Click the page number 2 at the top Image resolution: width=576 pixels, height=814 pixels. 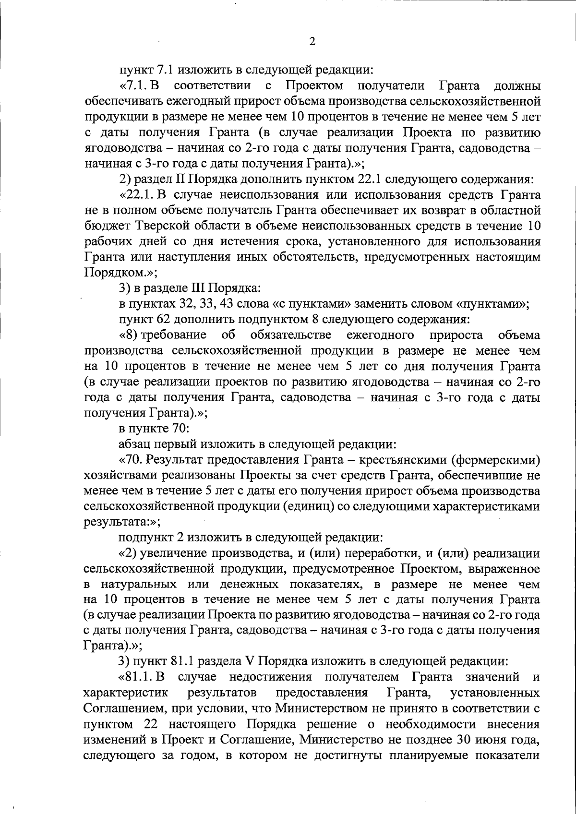tap(312, 42)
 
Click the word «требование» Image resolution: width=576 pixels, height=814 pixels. tap(174, 335)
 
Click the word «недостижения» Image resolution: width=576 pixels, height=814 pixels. tap(271, 678)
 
